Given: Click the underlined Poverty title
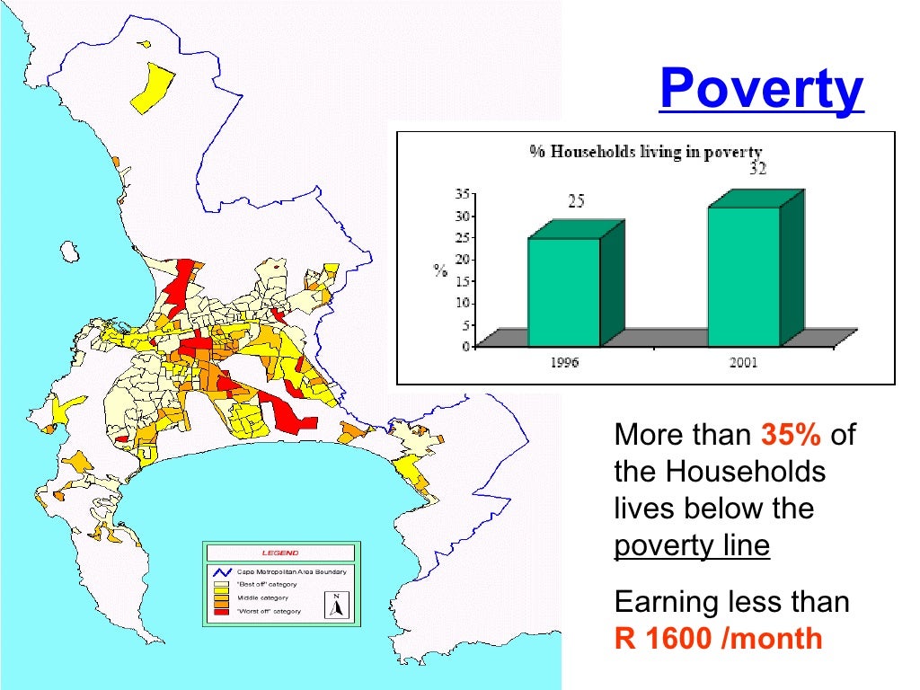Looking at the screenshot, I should tap(761, 89).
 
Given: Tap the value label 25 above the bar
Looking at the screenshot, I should tap(576, 202).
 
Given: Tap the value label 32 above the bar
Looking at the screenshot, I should tap(757, 169).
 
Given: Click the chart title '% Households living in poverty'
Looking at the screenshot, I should tap(645, 152).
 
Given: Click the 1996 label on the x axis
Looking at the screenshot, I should tap(563, 362).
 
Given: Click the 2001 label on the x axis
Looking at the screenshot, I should tap(743, 362).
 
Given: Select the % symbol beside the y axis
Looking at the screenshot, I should tap(440, 270).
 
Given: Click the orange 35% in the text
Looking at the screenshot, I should tap(792, 436).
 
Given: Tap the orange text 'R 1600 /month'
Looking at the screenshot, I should tap(719, 638).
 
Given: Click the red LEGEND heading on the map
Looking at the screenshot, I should tap(280, 553).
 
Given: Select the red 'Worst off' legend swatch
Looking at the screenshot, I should tap(221, 611).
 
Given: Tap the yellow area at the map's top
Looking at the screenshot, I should tap(153, 85).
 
